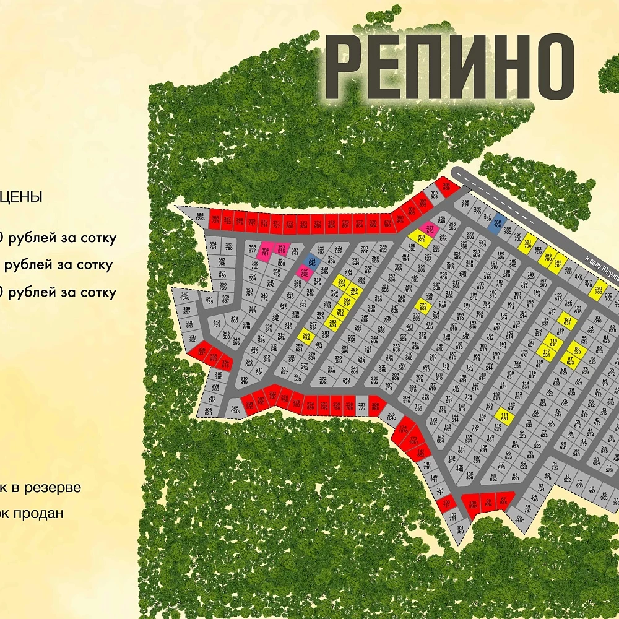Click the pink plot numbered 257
(430, 230)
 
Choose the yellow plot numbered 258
(422, 238)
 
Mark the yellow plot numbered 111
(504, 417)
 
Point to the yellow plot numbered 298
(306, 335)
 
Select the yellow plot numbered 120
(567, 322)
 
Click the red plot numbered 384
(446, 187)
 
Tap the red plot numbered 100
(472, 505)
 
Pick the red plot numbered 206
(375, 407)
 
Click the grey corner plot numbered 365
(199, 217)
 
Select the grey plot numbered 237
(361, 406)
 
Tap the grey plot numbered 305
(235, 409)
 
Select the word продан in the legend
(37, 513)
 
